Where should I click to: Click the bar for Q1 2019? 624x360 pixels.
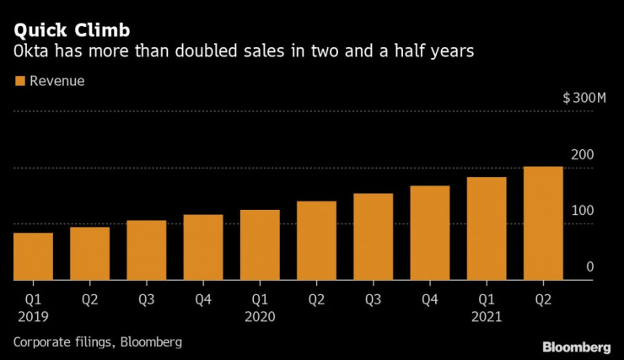[33, 256]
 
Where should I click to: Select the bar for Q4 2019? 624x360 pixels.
[203, 247]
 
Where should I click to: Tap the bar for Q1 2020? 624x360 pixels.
[260, 244]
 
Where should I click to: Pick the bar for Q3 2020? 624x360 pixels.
[373, 237]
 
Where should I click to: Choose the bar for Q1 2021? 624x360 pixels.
[487, 228]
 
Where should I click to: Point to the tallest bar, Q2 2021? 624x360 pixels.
[543, 223]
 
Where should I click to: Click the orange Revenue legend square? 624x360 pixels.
[19, 82]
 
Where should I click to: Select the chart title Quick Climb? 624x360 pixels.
[72, 30]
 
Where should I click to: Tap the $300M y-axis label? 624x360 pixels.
[584, 99]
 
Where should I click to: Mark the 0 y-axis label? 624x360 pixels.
[590, 267]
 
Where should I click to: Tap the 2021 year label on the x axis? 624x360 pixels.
[486, 317]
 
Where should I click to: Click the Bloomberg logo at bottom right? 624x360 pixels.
[576, 347]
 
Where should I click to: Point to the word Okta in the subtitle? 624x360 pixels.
[30, 52]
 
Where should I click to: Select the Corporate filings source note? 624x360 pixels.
[97, 342]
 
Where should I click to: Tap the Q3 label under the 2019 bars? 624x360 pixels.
[145, 298]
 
